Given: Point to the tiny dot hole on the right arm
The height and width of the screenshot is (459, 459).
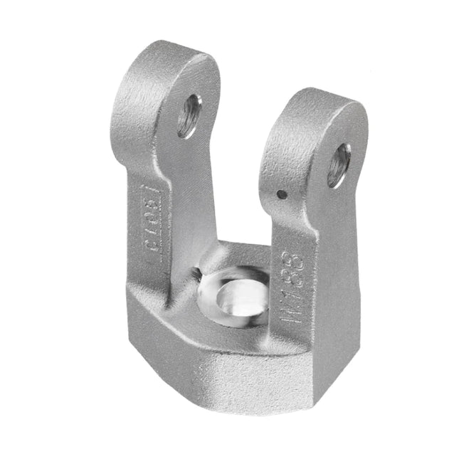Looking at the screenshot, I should pos(283,194).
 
